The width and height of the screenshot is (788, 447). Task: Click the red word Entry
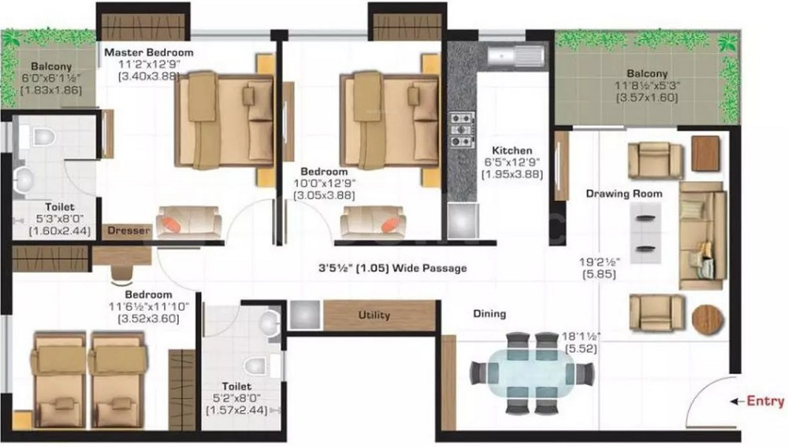pyautogui.click(x=765, y=401)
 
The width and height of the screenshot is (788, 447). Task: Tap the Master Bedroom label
pyautogui.click(x=149, y=52)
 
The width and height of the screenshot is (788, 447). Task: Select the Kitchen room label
pyautogui.click(x=512, y=150)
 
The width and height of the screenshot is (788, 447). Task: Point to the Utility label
pyautogui.click(x=374, y=315)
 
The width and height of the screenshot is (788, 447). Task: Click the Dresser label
pyautogui.click(x=128, y=231)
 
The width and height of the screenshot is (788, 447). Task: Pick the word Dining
pyautogui.click(x=489, y=313)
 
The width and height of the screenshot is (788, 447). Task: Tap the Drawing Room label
pyautogui.click(x=624, y=194)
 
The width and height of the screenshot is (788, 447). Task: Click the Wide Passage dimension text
pyautogui.click(x=392, y=268)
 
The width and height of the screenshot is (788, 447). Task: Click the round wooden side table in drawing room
pyautogui.click(x=708, y=319)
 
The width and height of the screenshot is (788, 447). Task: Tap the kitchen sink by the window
pyautogui.click(x=516, y=55)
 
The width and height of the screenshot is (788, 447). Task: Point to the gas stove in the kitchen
pyautogui.click(x=461, y=130)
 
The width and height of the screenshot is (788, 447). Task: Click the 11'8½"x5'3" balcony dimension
pyautogui.click(x=647, y=86)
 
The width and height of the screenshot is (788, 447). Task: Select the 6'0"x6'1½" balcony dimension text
pyautogui.click(x=51, y=78)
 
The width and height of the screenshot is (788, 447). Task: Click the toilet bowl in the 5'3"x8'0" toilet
pyautogui.click(x=43, y=136)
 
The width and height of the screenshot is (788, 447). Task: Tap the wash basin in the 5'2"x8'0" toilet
pyautogui.click(x=269, y=322)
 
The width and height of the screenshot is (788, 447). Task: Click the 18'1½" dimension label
pyautogui.click(x=581, y=336)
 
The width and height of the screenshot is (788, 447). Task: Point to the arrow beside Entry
pyautogui.click(x=738, y=401)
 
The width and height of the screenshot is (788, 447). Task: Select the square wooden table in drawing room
pyautogui.click(x=705, y=153)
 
